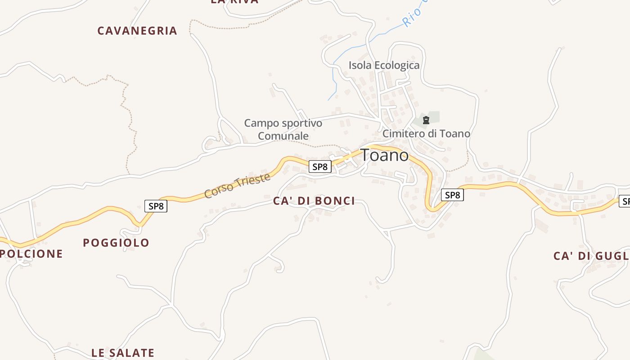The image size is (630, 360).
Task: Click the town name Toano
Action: pos(384,155)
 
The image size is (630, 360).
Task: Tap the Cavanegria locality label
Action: pos(137,31)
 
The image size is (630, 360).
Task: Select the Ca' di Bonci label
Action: pos(314,201)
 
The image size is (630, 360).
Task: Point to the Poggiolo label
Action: pos(116,243)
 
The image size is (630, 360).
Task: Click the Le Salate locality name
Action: pos(123,353)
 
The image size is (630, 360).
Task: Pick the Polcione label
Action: pos(31,254)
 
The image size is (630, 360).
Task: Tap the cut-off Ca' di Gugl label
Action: pos(590,256)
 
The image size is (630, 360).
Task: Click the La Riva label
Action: pos(234,2)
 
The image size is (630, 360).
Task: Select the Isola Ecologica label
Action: pos(384,65)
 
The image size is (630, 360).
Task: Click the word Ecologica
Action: pos(397,65)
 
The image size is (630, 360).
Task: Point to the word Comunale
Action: pos(283,136)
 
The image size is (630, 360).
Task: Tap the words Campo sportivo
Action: pos(283,123)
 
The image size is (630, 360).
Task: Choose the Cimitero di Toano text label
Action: pos(426,134)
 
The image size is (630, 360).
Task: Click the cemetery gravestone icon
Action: pos(426,120)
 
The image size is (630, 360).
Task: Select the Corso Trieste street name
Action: pos(237,185)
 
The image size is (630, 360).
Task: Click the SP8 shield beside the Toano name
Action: pos(320,166)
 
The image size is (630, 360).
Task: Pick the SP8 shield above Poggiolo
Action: pos(156,206)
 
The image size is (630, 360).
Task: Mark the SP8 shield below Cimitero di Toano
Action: pos(452,195)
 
